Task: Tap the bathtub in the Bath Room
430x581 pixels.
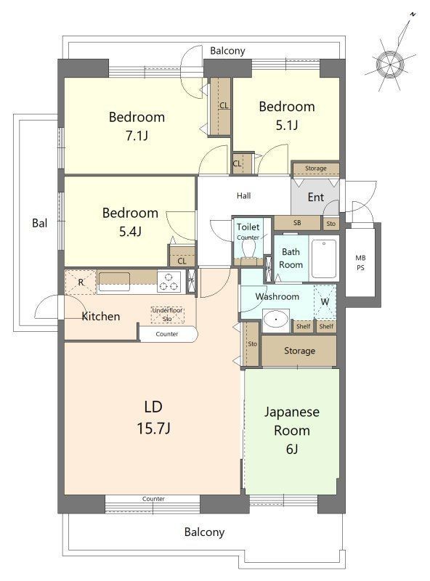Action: point(324,259)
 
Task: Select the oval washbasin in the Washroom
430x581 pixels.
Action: point(276,319)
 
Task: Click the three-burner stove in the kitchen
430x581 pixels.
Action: point(169,282)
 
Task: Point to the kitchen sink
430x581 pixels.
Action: point(114,279)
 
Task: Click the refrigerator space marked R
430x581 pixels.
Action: point(81,283)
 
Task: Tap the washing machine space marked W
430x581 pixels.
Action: point(325,301)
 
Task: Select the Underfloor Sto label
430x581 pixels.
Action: point(168,314)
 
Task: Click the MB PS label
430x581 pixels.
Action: point(360,262)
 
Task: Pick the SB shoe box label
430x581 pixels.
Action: point(297,223)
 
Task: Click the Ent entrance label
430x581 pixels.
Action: point(316,197)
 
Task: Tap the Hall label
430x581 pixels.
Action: point(243,195)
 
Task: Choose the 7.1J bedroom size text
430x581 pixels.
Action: point(137,136)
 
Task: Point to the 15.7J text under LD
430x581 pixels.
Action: point(153,428)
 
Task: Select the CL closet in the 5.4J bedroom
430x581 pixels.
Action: point(182,256)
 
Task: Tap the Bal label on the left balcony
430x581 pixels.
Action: point(40,223)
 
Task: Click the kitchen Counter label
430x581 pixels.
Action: point(167,334)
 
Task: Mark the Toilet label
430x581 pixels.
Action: point(248,227)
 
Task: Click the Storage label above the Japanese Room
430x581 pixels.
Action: point(299,351)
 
